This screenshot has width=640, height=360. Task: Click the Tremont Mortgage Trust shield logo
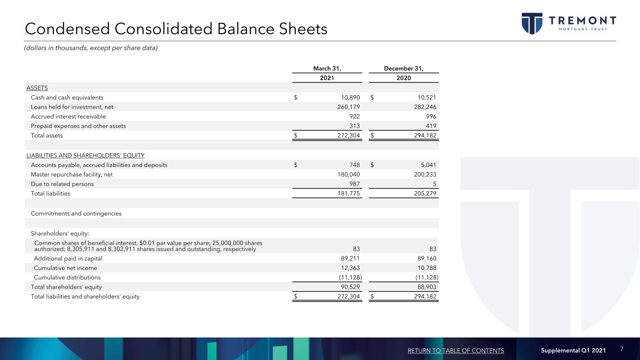(x=532, y=23)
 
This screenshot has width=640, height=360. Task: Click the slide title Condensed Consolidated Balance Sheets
(x=176, y=29)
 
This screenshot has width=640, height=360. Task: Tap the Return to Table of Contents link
(x=456, y=351)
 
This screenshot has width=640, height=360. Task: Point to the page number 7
(x=622, y=349)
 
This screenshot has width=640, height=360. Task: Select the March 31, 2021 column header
(x=327, y=73)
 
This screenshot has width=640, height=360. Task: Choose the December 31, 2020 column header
(x=403, y=73)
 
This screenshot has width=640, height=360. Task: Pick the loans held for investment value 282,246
(x=426, y=107)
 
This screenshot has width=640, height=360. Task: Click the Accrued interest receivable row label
(x=68, y=116)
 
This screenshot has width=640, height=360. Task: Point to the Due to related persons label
(x=62, y=184)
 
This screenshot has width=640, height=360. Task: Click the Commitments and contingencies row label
(x=76, y=213)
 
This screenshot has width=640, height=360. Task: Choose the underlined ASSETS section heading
(x=37, y=88)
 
